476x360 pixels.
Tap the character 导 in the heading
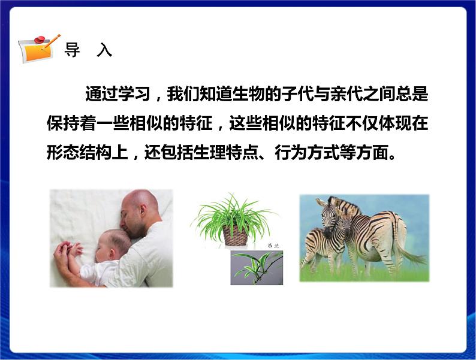pos(72,50)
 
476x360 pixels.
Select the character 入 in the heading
pos(104,50)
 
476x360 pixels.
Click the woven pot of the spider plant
pos(234,235)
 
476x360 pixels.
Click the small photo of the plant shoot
pos(257,268)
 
